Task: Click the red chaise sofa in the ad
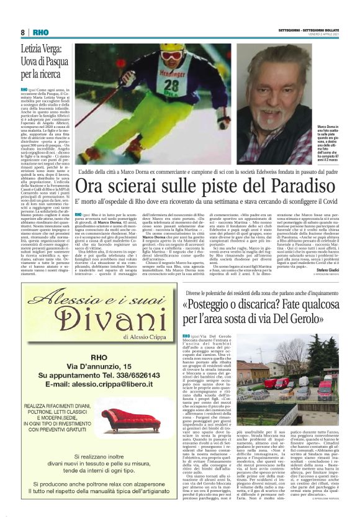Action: (127, 419)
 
